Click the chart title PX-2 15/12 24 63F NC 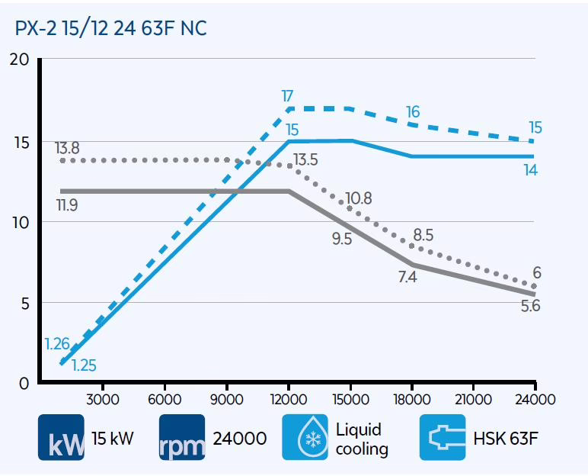click(x=111, y=28)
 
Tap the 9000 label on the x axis click(x=225, y=400)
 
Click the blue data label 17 click(x=287, y=96)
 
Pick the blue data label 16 click(x=412, y=112)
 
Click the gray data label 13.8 click(x=68, y=148)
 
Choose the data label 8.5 click(x=422, y=235)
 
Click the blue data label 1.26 click(x=56, y=344)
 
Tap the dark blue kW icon click(x=62, y=437)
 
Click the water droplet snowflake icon click(x=305, y=437)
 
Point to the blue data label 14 click(x=530, y=170)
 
